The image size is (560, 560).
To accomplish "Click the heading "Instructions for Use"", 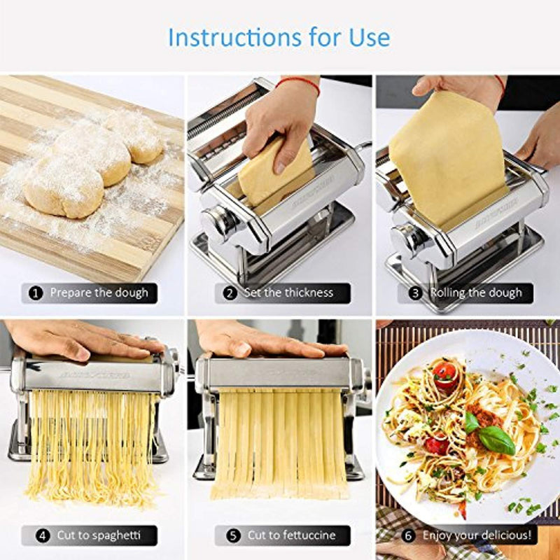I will tap(279, 36).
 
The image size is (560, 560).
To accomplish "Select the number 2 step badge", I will tap(230, 293).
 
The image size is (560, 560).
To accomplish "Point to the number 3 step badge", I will tap(416, 293).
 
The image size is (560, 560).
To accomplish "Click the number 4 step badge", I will tap(43, 535).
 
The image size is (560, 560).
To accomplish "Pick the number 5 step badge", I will tap(234, 535).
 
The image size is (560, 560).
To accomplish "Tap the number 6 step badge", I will tap(409, 535).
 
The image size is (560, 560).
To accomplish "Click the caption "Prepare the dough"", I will tap(99, 293).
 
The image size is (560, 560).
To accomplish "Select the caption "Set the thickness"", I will tap(288, 293).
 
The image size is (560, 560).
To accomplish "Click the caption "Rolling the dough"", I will tap(476, 293).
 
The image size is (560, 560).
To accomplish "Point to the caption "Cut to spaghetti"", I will tap(98, 535).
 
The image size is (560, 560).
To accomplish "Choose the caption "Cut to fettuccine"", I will tap(291, 535).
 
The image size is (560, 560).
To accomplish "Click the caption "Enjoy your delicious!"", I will tap(477, 535).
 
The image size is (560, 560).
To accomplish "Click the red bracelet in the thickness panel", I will tap(297, 83).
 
